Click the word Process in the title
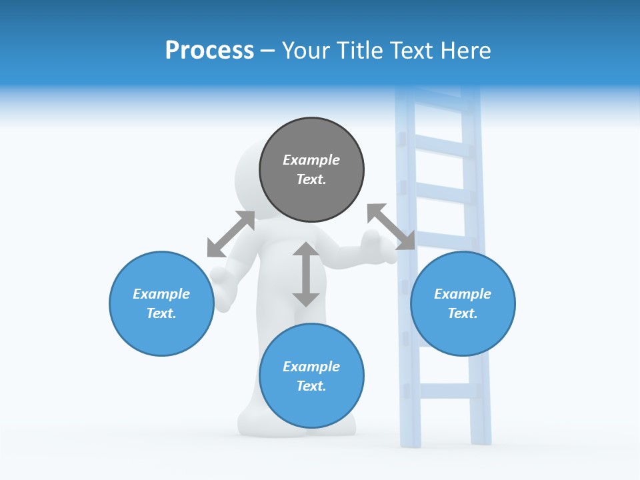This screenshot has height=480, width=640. click(209, 51)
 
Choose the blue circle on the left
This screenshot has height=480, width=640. click(161, 333)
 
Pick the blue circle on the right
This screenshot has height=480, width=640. click(463, 333)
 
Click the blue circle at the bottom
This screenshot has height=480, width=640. click(311, 407)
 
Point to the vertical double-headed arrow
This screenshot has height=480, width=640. click(306, 274)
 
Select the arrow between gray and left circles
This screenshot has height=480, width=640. click(231, 234)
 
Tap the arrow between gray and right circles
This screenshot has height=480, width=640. click(391, 227)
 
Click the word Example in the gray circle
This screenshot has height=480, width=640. click(311, 160)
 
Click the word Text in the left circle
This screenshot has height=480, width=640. click(161, 313)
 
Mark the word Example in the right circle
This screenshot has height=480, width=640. click(463, 294)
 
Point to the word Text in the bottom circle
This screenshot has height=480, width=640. click(311, 386)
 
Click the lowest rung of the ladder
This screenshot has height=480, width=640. click(445, 391)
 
